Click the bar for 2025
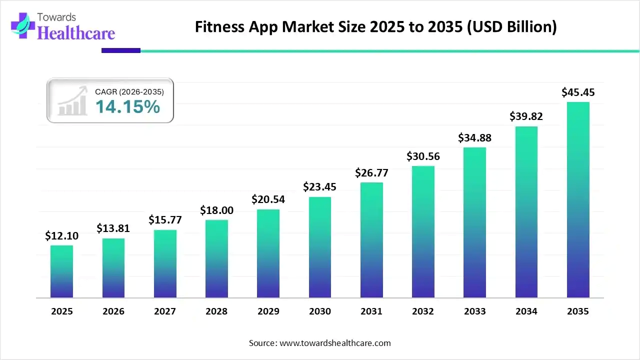61,271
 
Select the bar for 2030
320,247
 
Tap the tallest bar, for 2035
578,200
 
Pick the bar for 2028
216,258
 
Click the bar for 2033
474,222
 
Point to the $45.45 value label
578,92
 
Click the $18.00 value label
216,210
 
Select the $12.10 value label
61,236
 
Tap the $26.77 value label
371,173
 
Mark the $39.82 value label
526,116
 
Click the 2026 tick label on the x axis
113,311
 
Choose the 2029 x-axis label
268,311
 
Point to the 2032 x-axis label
423,311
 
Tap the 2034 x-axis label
526,311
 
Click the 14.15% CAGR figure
127,106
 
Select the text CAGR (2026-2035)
129,91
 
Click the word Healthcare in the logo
76,33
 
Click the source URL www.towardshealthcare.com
334,343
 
